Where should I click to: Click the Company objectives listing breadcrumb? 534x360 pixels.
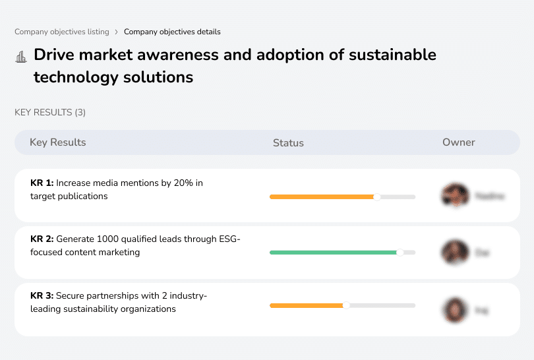click(62, 32)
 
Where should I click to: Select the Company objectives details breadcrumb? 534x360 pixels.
click(172, 32)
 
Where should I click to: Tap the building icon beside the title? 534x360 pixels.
click(21, 56)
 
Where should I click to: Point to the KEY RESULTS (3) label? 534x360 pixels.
click(50, 113)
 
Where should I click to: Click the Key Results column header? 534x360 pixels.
click(57, 142)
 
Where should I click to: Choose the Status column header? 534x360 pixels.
click(288, 142)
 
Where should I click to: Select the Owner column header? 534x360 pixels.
click(459, 142)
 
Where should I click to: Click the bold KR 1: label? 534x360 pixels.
click(42, 183)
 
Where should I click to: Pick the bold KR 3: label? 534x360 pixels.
click(42, 297)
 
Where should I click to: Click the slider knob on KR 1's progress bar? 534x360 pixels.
click(377, 196)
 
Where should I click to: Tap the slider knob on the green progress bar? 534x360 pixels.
click(400, 253)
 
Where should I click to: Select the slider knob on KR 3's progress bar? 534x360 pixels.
click(346, 305)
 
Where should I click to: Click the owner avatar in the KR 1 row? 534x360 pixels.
click(454, 196)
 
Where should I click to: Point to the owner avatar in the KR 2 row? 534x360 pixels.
click(454, 253)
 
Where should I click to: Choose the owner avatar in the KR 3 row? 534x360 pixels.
click(454, 309)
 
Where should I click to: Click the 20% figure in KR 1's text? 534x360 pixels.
click(183, 183)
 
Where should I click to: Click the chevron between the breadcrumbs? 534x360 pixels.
click(117, 32)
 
